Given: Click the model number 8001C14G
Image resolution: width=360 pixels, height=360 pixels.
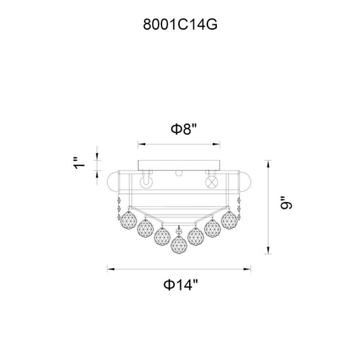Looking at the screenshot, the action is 180,24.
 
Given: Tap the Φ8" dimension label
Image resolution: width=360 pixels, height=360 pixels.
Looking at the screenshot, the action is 184,129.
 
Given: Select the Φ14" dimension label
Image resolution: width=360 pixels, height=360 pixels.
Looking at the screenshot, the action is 180,285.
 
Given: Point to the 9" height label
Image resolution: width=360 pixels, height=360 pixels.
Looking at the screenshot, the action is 286,203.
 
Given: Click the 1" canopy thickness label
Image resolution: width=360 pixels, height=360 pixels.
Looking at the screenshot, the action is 79,163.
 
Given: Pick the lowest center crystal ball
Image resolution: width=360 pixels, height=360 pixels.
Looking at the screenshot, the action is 179,244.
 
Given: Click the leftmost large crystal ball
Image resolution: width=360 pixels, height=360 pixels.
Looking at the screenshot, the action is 128,220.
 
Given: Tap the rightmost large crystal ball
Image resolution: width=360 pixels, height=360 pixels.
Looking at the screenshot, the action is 229,220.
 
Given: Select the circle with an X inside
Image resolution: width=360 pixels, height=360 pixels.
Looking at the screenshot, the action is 211,182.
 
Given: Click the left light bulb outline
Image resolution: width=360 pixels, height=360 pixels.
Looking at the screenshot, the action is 147,182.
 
